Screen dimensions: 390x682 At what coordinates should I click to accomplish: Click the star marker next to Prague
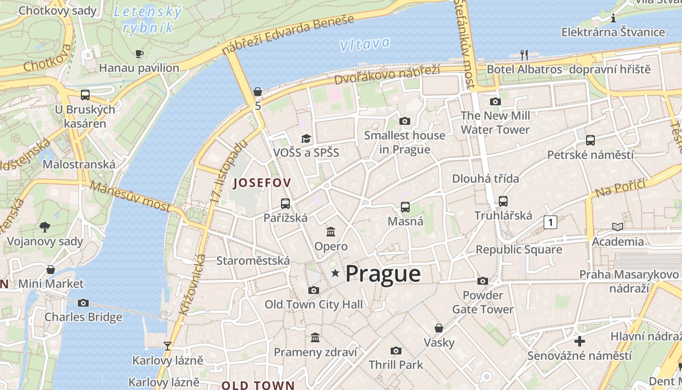(x=335, y=273)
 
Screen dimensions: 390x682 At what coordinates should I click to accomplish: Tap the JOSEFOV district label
(x=263, y=183)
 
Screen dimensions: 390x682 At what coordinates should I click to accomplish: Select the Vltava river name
(x=365, y=44)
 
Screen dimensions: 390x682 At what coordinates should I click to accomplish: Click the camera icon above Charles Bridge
(x=83, y=303)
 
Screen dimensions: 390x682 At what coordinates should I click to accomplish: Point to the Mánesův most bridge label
(x=130, y=196)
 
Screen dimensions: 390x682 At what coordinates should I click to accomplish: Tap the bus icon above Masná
(x=405, y=207)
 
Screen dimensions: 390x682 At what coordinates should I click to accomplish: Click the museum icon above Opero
(x=331, y=232)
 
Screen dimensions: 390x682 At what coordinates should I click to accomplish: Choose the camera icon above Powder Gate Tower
(x=483, y=281)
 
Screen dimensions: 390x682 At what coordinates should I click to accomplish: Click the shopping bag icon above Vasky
(x=439, y=328)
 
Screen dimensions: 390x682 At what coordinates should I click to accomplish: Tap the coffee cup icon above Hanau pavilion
(x=139, y=54)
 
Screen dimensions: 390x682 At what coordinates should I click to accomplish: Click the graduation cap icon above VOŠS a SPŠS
(x=306, y=138)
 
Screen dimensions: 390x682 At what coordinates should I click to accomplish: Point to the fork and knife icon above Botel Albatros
(x=524, y=55)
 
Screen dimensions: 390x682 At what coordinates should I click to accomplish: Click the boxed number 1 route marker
(x=550, y=222)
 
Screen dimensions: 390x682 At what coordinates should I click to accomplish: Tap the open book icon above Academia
(x=618, y=227)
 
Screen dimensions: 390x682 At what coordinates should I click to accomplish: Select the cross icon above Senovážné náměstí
(x=579, y=341)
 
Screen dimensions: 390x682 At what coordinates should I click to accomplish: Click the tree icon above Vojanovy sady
(x=45, y=227)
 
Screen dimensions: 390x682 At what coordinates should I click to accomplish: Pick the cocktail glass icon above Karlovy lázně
(x=168, y=346)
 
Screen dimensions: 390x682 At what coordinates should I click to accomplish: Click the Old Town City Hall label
(x=314, y=305)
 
